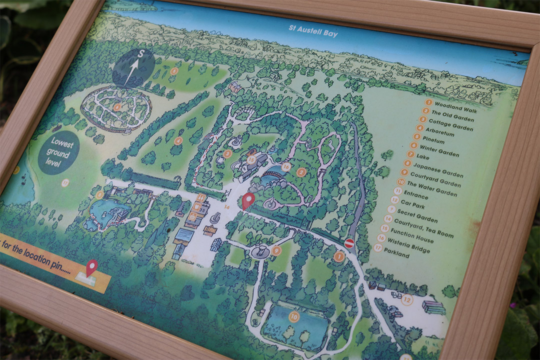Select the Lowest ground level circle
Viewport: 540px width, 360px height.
[x=58, y=152]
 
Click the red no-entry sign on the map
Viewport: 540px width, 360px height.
[x=349, y=243]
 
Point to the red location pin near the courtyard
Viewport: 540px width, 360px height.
[x=247, y=200]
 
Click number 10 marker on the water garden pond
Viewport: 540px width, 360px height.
[x=293, y=316]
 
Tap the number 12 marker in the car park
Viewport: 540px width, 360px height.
[x=406, y=300]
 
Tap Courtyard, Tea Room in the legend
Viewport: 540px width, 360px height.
[x=423, y=228]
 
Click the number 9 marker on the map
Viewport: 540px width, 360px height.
[x=276, y=250]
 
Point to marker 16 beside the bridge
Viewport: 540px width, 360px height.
[x=286, y=166]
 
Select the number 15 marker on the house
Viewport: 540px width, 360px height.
[x=251, y=160]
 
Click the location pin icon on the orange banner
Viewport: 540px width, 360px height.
[x=91, y=268]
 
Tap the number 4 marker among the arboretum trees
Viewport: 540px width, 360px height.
[x=178, y=141]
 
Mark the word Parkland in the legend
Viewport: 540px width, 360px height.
[x=397, y=254]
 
